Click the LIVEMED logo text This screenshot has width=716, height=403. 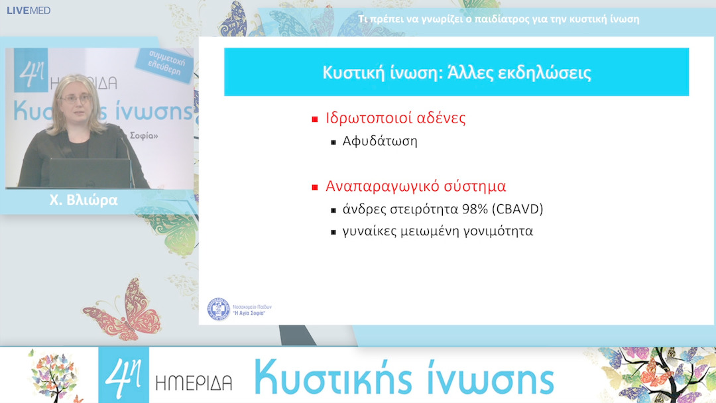29,11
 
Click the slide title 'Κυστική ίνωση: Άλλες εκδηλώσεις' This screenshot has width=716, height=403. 456,72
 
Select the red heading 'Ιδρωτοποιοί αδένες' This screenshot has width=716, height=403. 396,119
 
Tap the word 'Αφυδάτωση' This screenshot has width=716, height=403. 380,141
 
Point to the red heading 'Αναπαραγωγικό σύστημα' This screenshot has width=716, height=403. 416,186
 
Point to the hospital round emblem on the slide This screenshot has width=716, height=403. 219,310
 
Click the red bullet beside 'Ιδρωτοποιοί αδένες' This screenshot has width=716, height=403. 316,120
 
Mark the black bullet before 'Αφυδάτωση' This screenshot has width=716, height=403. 334,143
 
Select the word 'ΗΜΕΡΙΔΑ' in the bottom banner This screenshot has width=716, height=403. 194,382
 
